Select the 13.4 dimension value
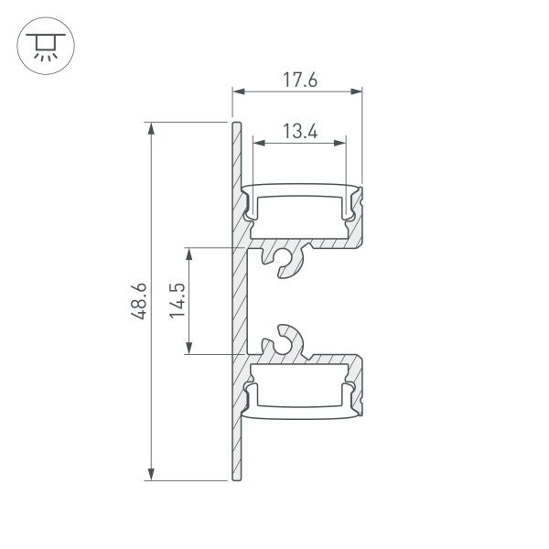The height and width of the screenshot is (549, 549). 299,132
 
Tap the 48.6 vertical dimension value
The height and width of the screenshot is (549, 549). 138,301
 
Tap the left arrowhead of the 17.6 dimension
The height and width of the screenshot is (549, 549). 237,91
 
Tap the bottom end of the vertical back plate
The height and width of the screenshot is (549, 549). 235,477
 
